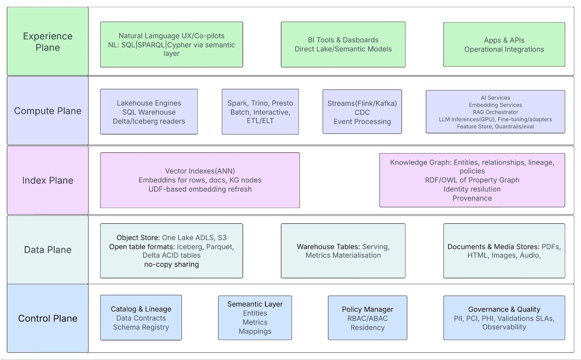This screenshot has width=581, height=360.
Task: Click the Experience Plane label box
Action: click(48, 41)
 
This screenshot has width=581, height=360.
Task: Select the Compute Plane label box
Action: click(48, 111)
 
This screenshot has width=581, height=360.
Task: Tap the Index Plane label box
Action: click(48, 180)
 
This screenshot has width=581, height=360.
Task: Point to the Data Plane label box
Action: click(48, 250)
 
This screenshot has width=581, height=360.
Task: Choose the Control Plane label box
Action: click(48, 318)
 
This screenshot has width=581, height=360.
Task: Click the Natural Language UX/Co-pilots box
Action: click(171, 45)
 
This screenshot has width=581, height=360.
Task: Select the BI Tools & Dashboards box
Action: click(343, 45)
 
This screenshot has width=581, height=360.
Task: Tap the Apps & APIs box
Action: click(504, 45)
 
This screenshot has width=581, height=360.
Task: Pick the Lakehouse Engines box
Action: click(149, 112)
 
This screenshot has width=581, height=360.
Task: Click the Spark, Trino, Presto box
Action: click(260, 112)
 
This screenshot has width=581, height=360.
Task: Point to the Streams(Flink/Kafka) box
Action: click(362, 112)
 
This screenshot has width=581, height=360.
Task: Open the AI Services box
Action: click(495, 112)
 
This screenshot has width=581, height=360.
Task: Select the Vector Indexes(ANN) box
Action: click(200, 180)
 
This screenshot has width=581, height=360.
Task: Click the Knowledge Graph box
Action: click(472, 180)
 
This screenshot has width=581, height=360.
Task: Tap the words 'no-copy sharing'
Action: click(171, 264)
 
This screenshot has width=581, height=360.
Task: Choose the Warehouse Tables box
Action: click(343, 251)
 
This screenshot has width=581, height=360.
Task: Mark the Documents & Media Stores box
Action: click(504, 251)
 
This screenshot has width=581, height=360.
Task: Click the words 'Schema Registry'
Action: click(141, 327)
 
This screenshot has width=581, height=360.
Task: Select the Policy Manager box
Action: click(367, 318)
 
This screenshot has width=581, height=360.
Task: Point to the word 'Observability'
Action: click(504, 327)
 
